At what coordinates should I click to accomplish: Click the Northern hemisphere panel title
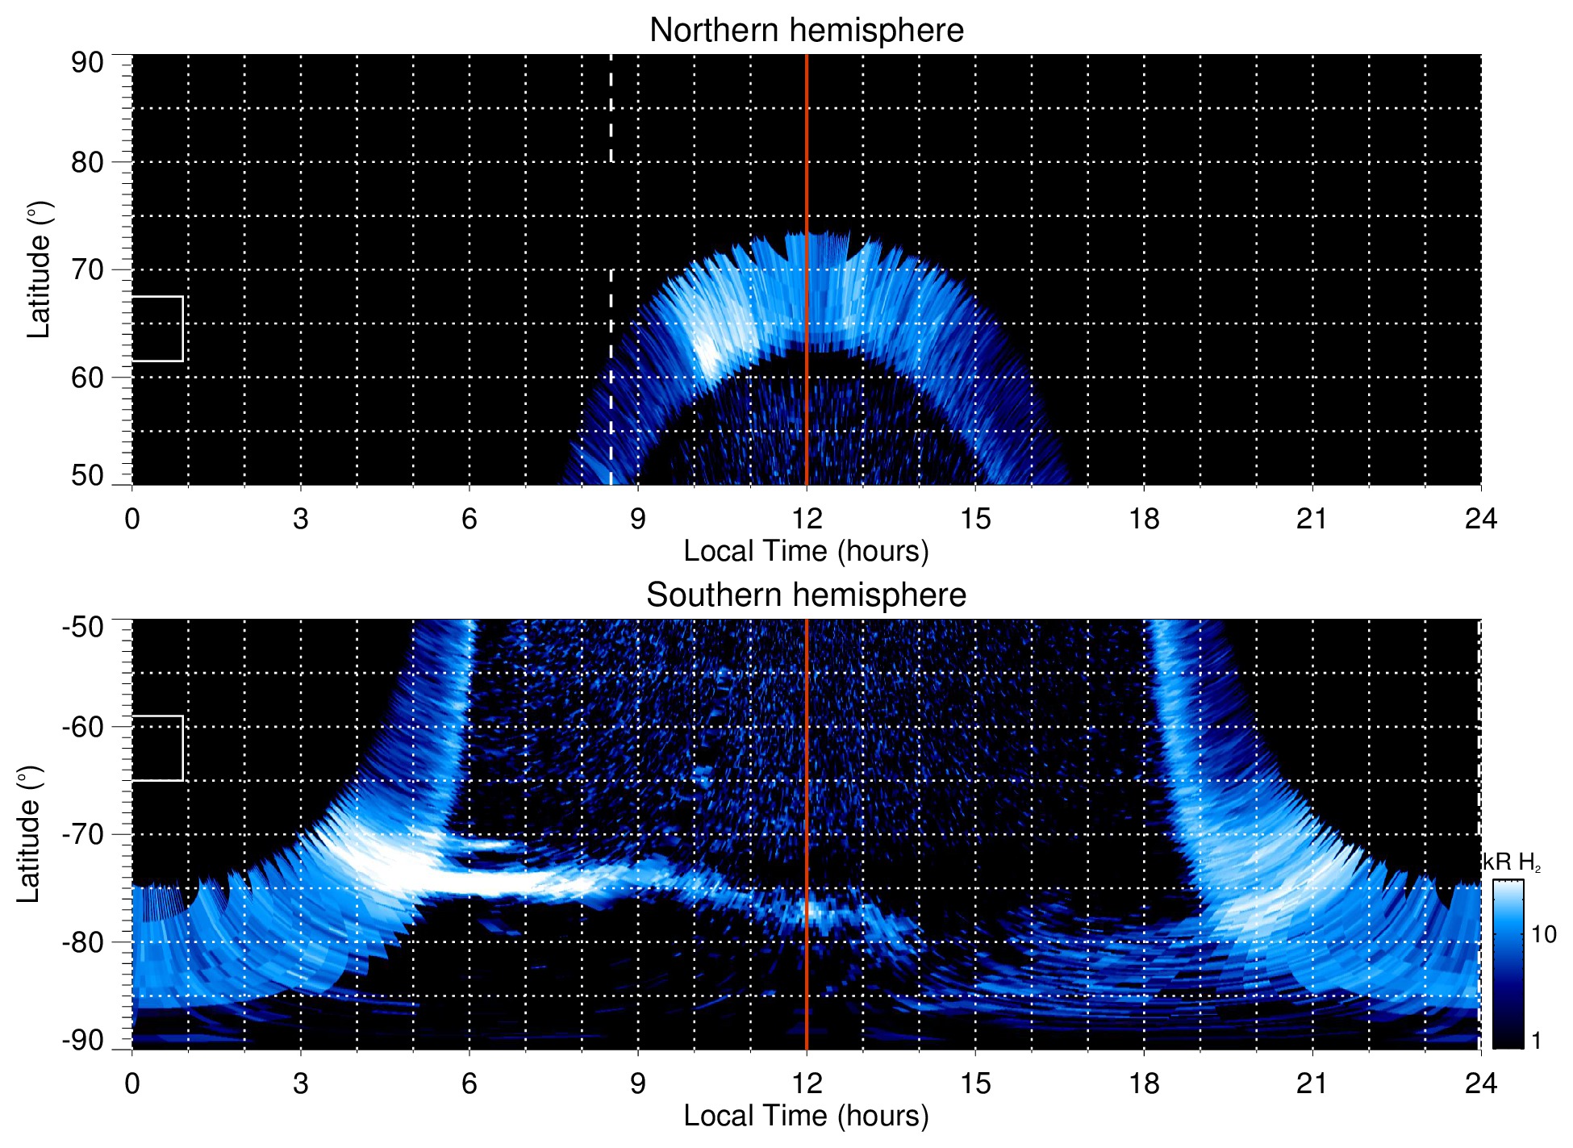click(x=806, y=31)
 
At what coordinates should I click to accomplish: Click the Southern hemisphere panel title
click(x=806, y=595)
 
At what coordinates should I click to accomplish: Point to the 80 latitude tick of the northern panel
click(x=87, y=162)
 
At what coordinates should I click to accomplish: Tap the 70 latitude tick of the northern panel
click(x=87, y=269)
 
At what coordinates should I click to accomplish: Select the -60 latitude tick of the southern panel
click(x=83, y=727)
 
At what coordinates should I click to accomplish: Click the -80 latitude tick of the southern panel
click(x=83, y=942)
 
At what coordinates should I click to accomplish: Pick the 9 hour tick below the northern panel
click(x=638, y=519)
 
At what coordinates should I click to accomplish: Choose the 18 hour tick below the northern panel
click(x=1144, y=519)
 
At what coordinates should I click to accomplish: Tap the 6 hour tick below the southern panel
click(x=469, y=1083)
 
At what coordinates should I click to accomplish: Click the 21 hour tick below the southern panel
click(x=1312, y=1083)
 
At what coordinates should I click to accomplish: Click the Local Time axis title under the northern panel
click(x=806, y=552)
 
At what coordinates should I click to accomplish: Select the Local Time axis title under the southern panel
click(x=806, y=1117)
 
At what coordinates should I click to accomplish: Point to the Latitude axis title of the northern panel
click(x=39, y=269)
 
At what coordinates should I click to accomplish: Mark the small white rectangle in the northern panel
click(x=157, y=328)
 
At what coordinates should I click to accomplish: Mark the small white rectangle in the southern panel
click(x=157, y=748)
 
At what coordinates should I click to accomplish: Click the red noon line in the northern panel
click(x=807, y=202)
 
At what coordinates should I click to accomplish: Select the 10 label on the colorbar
click(x=1543, y=935)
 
